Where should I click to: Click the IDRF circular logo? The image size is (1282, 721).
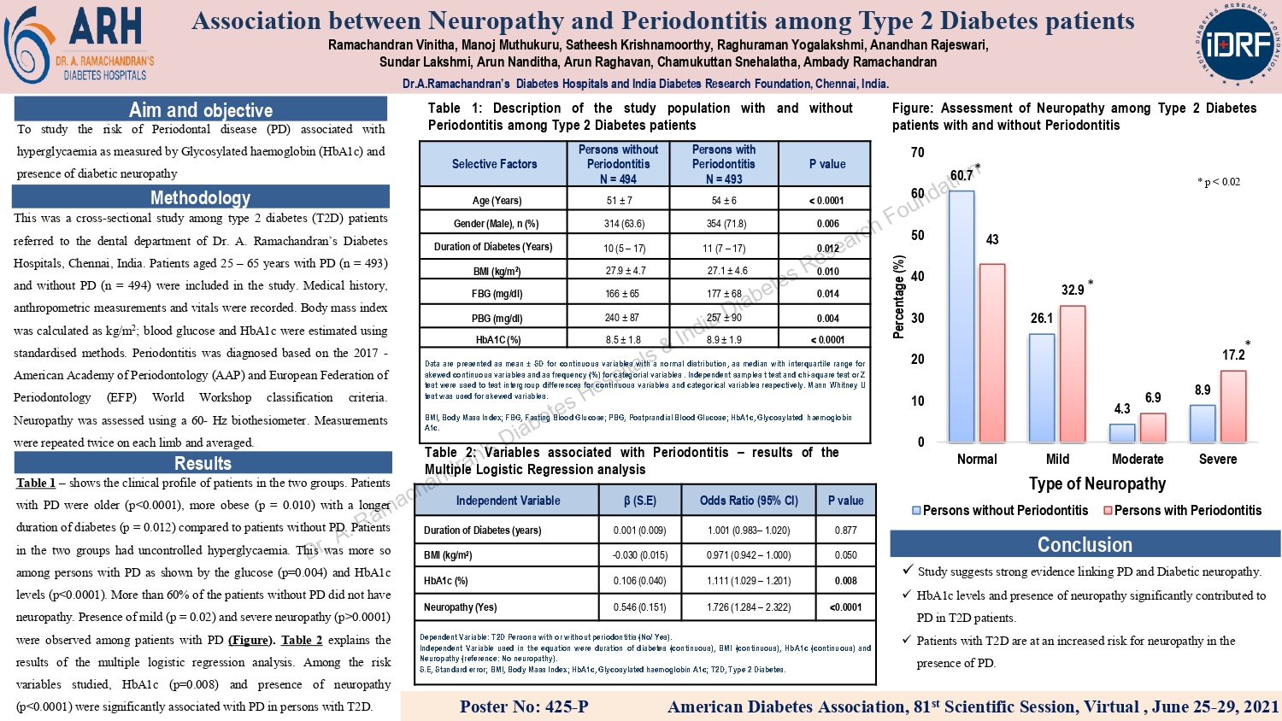(x=1238, y=44)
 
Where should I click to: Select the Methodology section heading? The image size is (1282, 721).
(x=201, y=197)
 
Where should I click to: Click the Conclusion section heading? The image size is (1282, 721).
(x=1085, y=544)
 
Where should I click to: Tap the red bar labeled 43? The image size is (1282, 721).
(x=991, y=352)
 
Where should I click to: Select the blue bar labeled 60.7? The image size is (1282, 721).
(x=961, y=316)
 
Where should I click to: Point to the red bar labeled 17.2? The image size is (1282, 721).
(x=1232, y=406)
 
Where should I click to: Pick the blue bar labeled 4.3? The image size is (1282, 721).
(x=1122, y=432)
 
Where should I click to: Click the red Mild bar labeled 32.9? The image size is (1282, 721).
(x=1072, y=373)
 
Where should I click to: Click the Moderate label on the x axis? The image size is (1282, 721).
(x=1137, y=459)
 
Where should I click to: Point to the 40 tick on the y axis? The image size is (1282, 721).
(x=917, y=276)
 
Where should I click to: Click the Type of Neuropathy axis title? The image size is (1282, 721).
(x=1097, y=484)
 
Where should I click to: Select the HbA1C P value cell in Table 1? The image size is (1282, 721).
(x=826, y=339)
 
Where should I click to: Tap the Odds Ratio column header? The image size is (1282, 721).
(x=749, y=501)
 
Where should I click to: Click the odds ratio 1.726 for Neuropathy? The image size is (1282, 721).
(x=749, y=607)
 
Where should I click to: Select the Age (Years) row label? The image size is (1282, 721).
(x=497, y=201)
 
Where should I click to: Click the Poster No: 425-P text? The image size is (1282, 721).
(x=524, y=706)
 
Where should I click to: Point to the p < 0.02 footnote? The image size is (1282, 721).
(x=1219, y=182)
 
